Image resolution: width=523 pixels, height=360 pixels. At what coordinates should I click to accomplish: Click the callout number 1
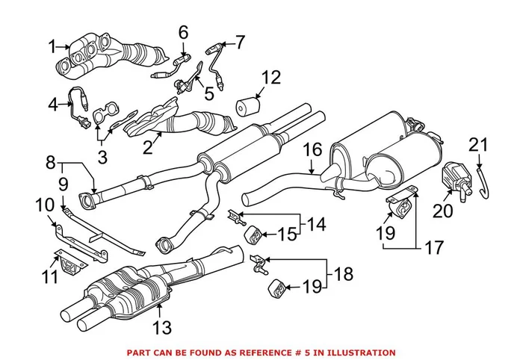(52, 47)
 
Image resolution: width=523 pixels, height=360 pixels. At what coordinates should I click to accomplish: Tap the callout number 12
(270, 78)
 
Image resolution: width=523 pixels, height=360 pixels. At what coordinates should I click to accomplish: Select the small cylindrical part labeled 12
(246, 108)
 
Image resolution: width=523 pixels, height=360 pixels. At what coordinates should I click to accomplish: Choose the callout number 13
(161, 327)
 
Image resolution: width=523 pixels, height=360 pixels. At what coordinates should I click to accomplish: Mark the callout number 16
(312, 152)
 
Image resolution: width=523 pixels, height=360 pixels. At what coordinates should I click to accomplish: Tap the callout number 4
(52, 105)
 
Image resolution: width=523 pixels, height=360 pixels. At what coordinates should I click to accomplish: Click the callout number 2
(148, 148)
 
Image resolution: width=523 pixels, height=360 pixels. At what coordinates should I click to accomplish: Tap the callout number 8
(52, 161)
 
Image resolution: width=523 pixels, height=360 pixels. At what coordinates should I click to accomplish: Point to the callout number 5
(208, 95)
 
